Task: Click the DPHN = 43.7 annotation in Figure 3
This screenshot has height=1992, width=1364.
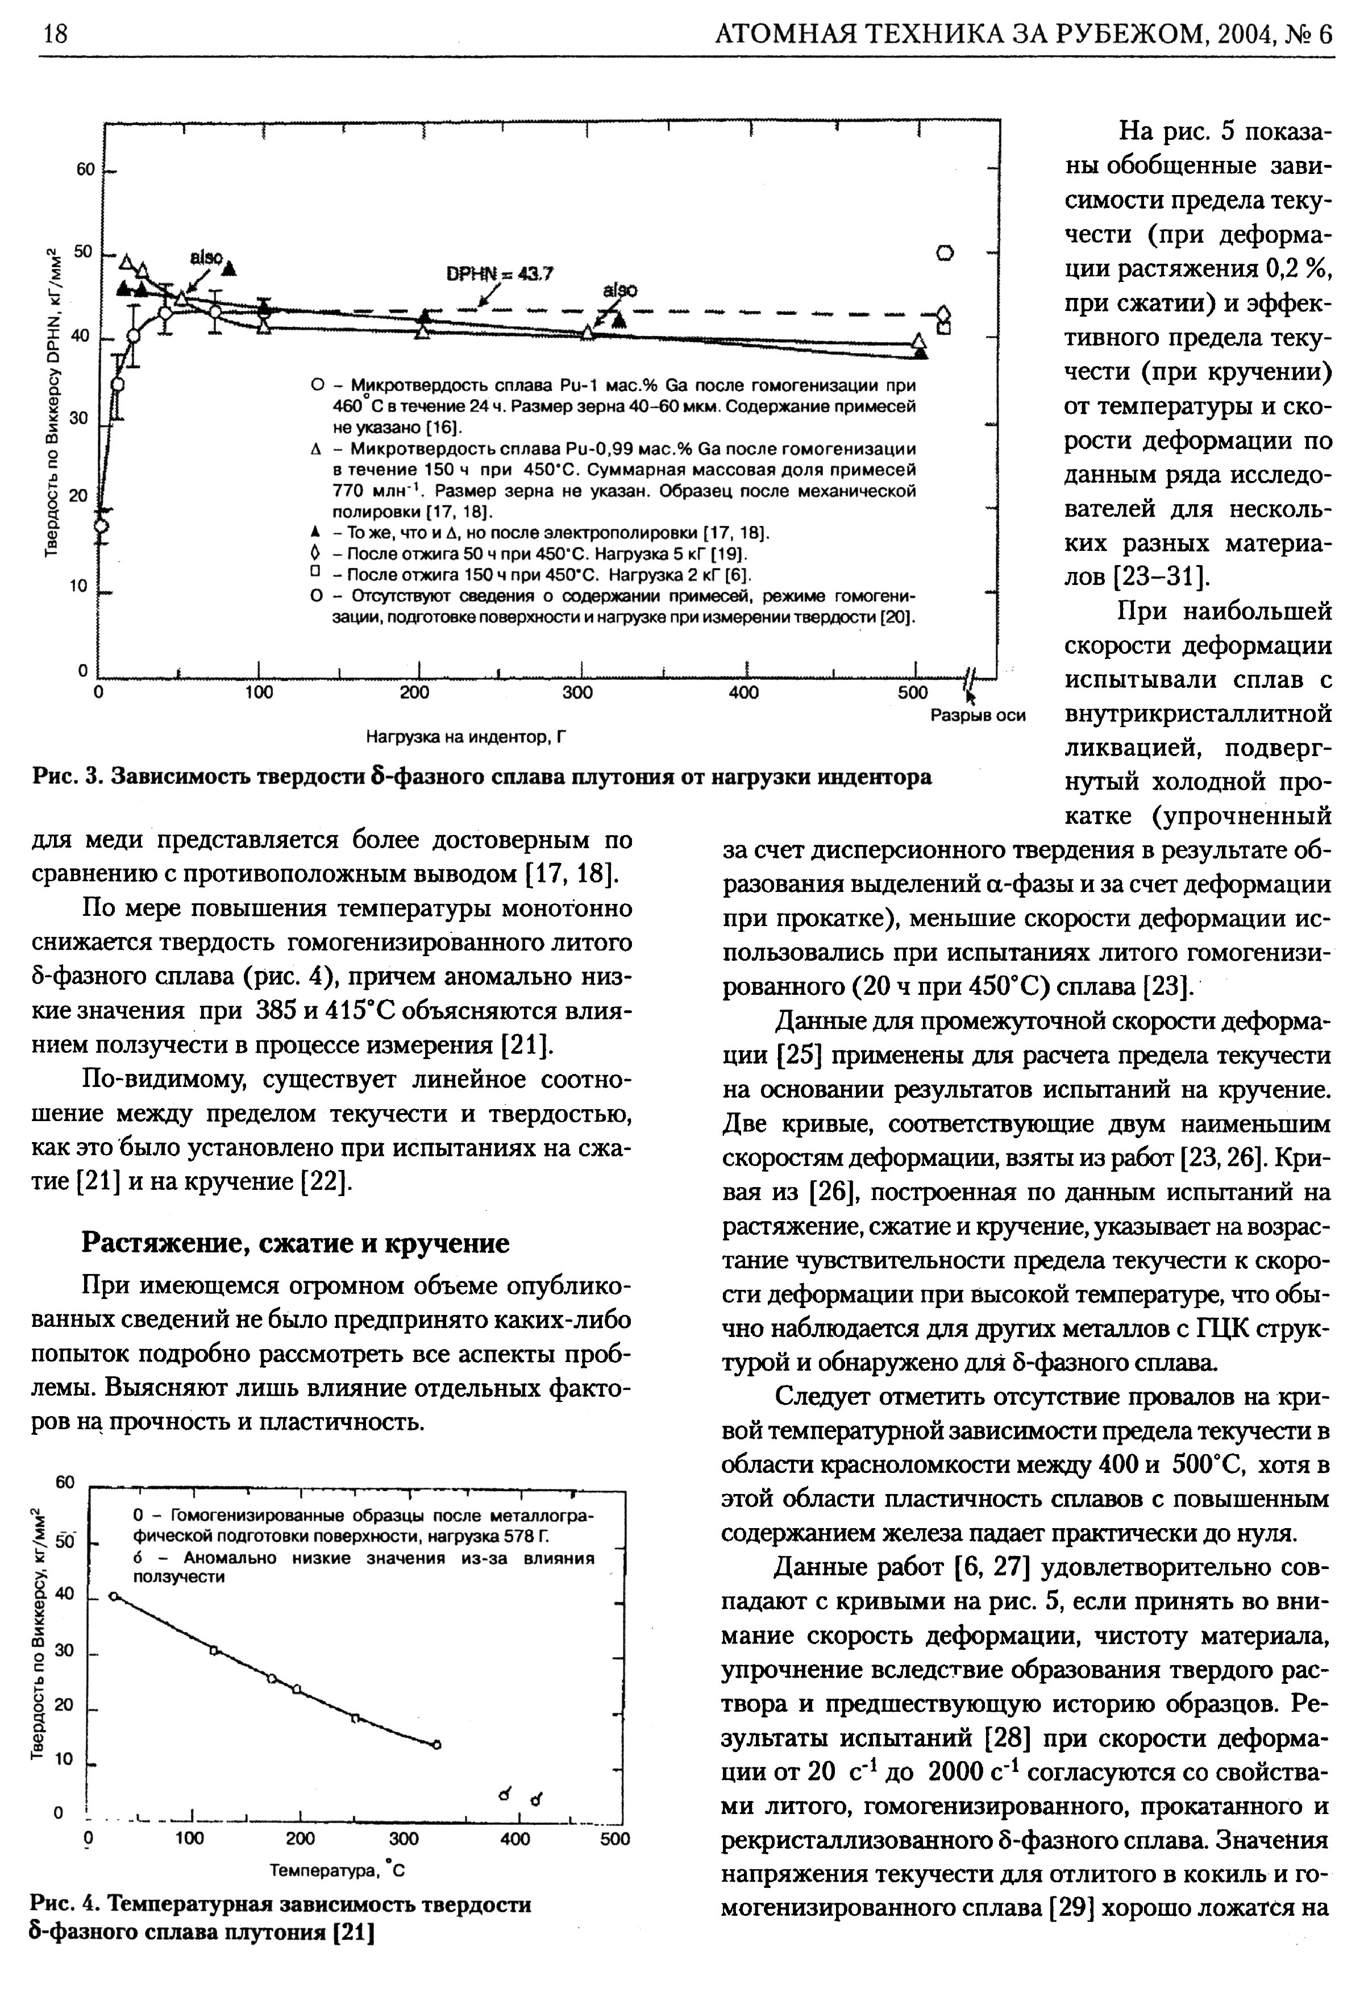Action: [500, 274]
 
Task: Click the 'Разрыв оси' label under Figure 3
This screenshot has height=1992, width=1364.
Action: [978, 715]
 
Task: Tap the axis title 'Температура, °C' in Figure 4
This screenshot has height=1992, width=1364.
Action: [336, 1870]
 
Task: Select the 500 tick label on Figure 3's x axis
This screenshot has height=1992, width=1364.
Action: [914, 692]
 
